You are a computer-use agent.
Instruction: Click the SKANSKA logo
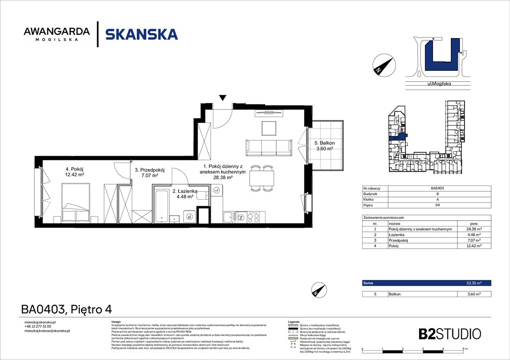click(x=141, y=34)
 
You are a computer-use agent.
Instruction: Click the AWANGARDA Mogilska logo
click(x=56, y=34)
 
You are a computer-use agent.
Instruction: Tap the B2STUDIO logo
click(x=449, y=334)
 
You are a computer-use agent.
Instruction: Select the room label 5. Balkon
click(x=324, y=146)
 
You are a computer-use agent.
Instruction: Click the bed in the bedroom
click(x=75, y=202)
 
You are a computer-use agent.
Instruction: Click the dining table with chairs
click(x=261, y=178)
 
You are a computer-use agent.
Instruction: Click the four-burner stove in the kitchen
click(x=253, y=217)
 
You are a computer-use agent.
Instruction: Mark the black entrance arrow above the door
click(x=223, y=97)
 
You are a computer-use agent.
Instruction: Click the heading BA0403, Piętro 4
click(x=66, y=309)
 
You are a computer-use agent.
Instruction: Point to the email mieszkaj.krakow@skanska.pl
click(x=47, y=331)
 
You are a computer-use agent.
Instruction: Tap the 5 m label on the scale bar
click(x=464, y=350)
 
